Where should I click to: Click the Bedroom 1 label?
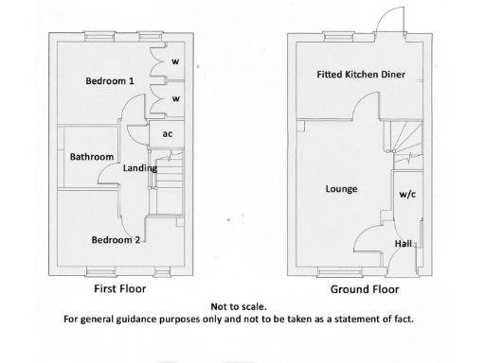click(110, 81)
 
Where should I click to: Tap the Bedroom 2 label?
click(116, 240)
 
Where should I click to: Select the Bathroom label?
click(92, 157)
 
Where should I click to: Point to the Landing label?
click(140, 167)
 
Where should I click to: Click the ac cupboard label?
click(168, 133)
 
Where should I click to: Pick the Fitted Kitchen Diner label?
click(361, 74)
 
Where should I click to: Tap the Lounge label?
click(341, 189)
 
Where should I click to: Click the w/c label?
click(407, 195)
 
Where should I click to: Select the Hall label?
click(404, 244)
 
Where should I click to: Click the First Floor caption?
click(118, 288)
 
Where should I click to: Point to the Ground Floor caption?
click(364, 289)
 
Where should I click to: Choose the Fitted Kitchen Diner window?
click(335, 39)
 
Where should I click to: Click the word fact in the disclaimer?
click(403, 319)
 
